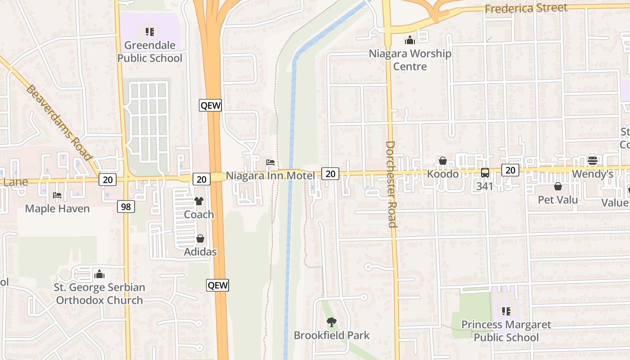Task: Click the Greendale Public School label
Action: [x=150, y=52]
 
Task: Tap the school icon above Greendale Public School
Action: [x=150, y=32]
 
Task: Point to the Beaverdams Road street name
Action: [x=59, y=122]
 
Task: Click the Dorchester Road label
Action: [x=390, y=184]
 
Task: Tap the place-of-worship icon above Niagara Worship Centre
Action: [x=409, y=40]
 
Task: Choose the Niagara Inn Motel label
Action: [x=270, y=175]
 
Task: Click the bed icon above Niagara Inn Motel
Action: [x=270, y=162]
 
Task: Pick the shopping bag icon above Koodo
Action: [x=443, y=161]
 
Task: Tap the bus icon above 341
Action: [x=485, y=172]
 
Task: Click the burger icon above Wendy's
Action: [x=592, y=161]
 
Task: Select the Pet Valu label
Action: [x=558, y=199]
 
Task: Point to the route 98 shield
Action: [x=126, y=207]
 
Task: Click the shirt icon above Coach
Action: [x=198, y=201]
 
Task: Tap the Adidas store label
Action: [x=200, y=252]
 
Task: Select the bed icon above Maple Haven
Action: [x=57, y=195]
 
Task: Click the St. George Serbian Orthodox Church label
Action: [x=99, y=294]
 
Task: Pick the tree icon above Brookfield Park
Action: [x=332, y=322]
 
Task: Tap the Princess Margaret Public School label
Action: [x=506, y=331]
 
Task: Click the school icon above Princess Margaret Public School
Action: [x=506, y=311]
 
